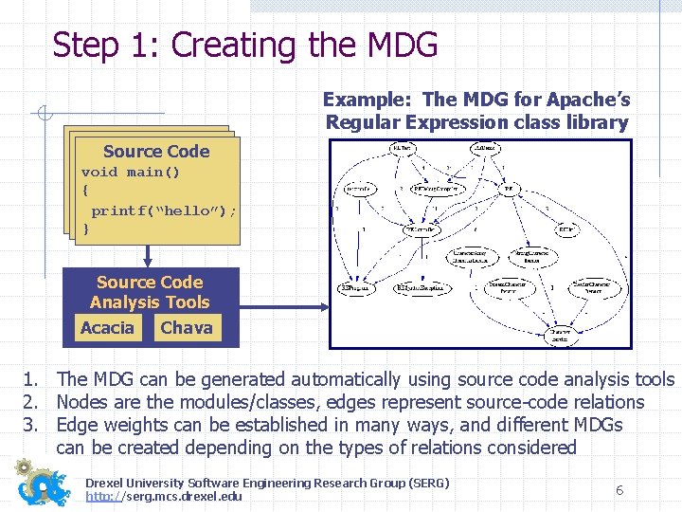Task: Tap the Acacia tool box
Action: pos(107,328)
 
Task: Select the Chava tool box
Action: pos(187,328)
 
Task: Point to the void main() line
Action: pos(131,173)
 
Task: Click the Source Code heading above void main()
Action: pos(156,152)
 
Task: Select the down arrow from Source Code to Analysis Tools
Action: pos(148,254)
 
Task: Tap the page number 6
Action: pos(619,490)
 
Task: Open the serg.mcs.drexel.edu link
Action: pos(163,497)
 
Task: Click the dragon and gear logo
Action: pos(43,483)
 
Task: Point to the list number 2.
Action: pos(32,402)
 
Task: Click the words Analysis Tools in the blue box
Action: pos(150,302)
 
